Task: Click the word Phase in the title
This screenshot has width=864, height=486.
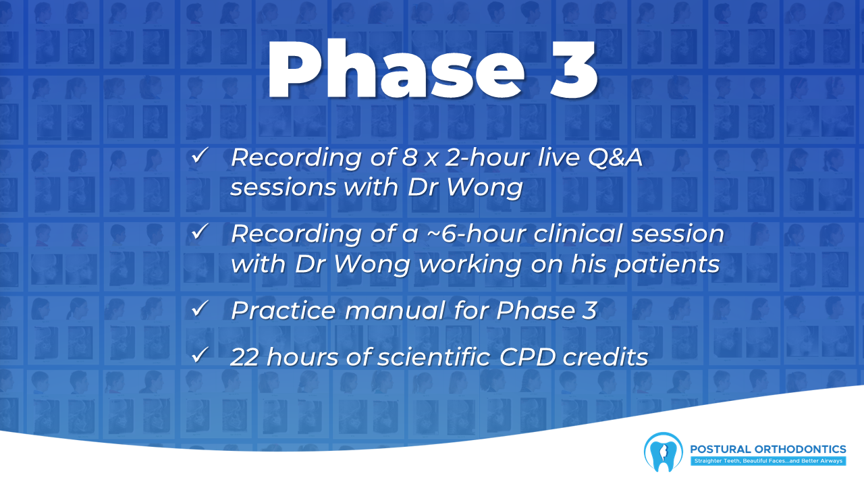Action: [396, 69]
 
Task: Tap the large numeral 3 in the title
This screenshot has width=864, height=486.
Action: [574, 70]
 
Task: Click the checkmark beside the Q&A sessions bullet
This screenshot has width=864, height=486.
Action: [200, 155]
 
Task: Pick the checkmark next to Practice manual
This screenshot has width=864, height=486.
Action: [200, 308]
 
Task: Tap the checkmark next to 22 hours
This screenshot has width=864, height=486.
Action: [200, 355]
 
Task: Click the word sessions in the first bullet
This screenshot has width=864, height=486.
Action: [283, 188]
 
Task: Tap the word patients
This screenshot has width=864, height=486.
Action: [667, 265]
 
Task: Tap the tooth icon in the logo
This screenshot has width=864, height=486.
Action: [663, 452]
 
